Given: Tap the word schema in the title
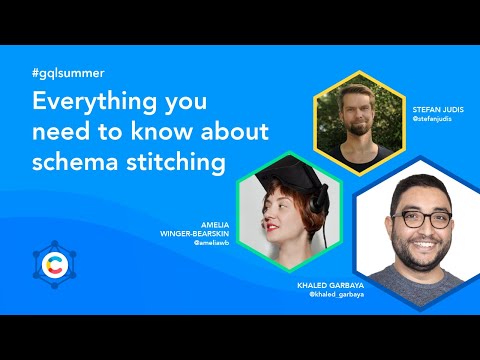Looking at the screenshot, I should pos(76,159).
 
